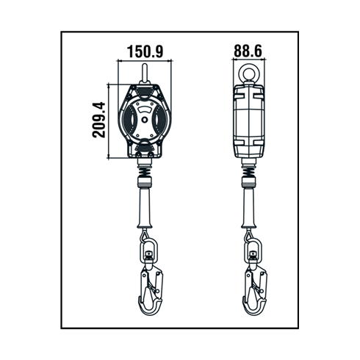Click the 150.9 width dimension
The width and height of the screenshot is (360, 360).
coord(145,51)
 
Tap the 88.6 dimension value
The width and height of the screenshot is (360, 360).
coord(248,51)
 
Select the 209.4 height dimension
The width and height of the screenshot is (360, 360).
coord(99,120)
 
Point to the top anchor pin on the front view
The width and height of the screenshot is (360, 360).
coord(145,73)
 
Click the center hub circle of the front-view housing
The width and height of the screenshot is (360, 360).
coord(145,120)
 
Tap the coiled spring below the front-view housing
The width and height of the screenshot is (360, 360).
coord(145,170)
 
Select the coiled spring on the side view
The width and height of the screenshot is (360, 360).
coord(249,170)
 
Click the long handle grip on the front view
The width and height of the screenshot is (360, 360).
coord(145,208)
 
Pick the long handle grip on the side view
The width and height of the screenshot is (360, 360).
coord(249,208)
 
